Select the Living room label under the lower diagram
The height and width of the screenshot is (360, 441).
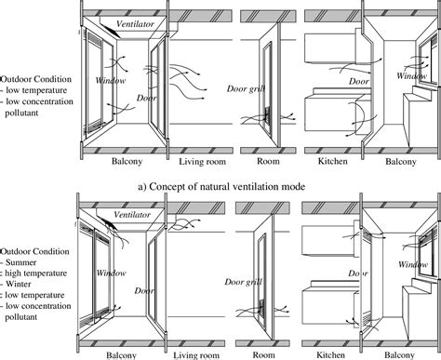point(197,354)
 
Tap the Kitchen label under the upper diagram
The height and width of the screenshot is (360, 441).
point(327,161)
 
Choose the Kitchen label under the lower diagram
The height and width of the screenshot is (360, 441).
point(327,354)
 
